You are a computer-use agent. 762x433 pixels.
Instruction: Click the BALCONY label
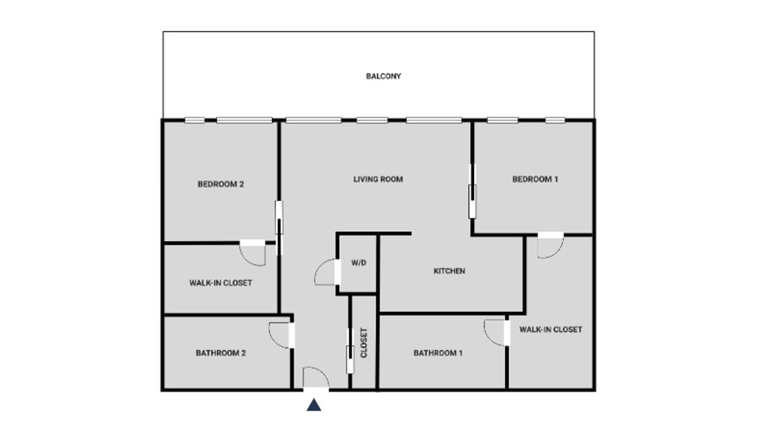tap(383, 76)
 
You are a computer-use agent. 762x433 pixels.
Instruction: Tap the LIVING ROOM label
tap(378, 179)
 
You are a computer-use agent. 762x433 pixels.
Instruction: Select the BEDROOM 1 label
tap(535, 179)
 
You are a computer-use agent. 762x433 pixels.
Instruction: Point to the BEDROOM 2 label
tap(221, 184)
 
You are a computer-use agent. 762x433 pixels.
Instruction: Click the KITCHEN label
tap(449, 271)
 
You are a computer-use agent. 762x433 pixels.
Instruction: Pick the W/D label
tap(358, 262)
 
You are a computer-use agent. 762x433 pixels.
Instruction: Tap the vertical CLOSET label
tap(364, 343)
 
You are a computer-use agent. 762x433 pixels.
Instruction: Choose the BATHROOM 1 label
tap(438, 353)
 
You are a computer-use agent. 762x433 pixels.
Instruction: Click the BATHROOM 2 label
tap(221, 353)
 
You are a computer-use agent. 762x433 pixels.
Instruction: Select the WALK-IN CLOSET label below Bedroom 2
tap(221, 283)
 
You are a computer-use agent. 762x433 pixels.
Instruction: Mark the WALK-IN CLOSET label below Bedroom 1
tap(550, 330)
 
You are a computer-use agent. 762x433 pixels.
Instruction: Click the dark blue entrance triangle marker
tap(314, 405)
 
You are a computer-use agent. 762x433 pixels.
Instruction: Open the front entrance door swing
tap(316, 377)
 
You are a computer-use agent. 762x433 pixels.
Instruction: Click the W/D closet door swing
tap(326, 272)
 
